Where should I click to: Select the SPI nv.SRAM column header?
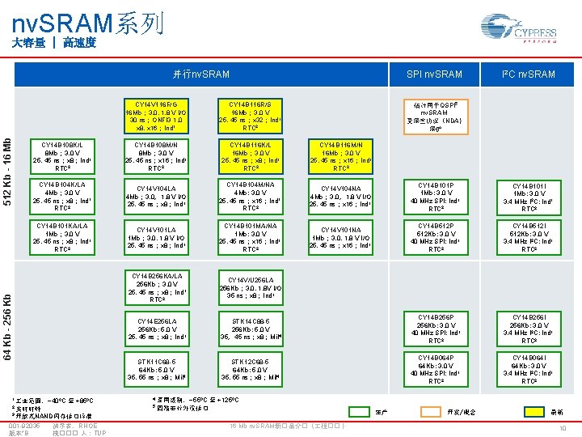point(434,74)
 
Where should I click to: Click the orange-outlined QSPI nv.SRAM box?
point(435,116)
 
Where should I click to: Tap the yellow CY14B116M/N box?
point(341,156)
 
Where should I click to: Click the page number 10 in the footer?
point(562,429)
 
